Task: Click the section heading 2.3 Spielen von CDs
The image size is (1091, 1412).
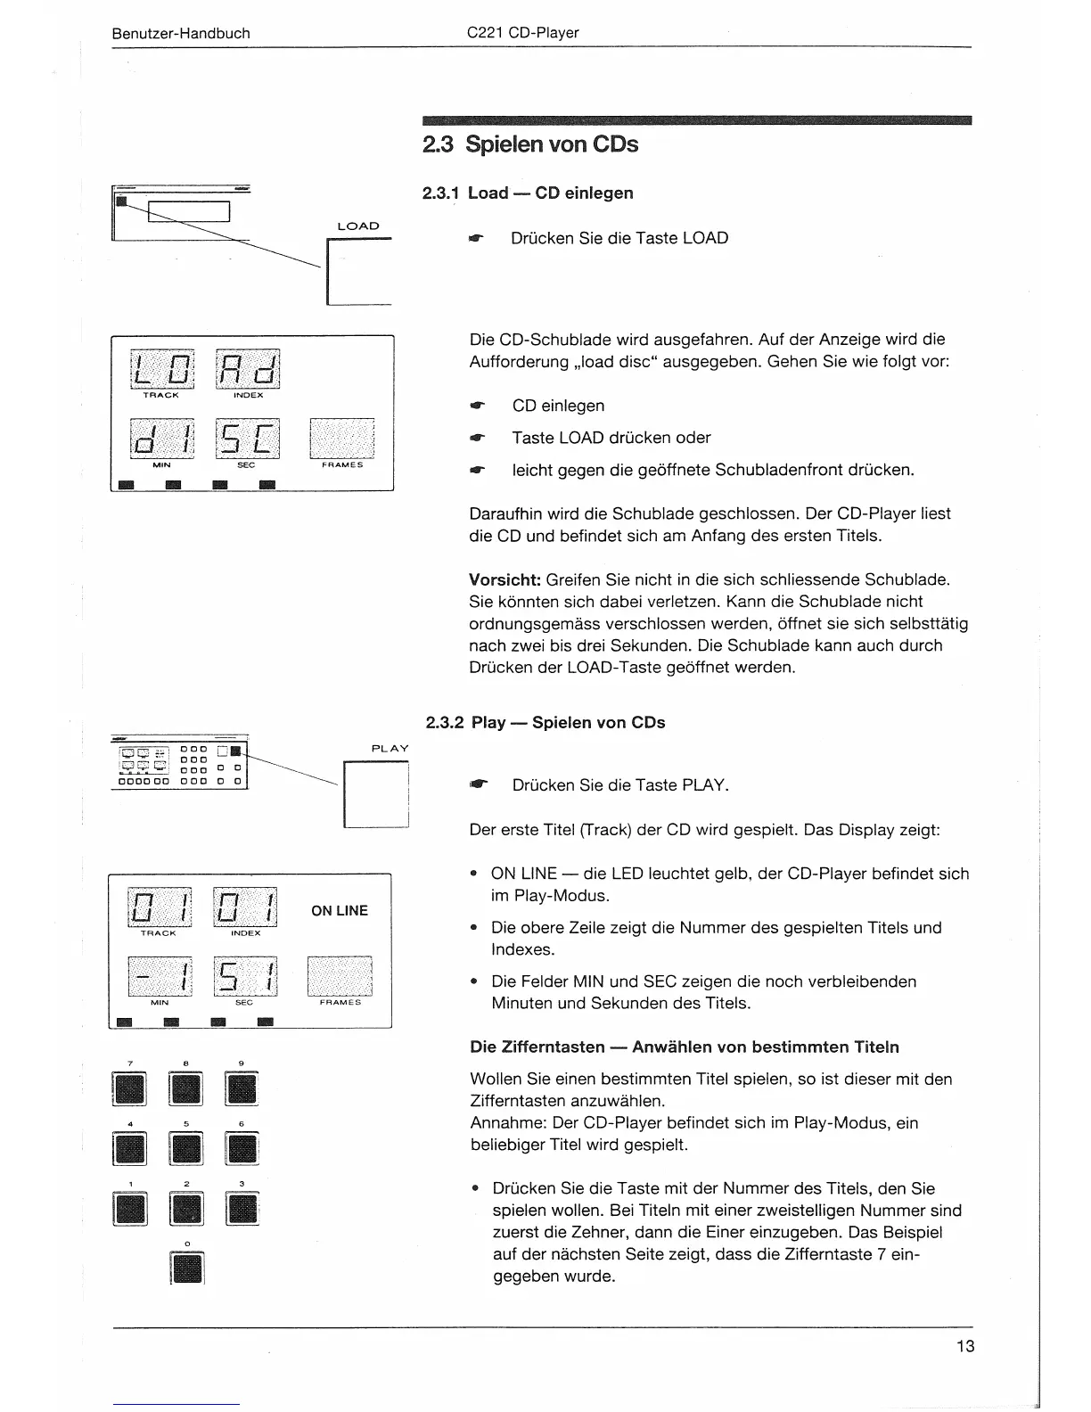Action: click(x=530, y=144)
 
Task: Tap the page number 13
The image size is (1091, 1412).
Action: click(x=965, y=1346)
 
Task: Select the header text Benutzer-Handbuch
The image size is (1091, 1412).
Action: click(x=181, y=34)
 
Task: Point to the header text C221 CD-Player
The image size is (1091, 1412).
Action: click(x=522, y=34)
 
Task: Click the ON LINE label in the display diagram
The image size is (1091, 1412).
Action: click(x=339, y=910)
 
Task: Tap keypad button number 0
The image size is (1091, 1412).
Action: click(x=186, y=1269)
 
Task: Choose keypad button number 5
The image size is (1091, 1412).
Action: click(x=186, y=1149)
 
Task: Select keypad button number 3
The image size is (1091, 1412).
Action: click(x=242, y=1209)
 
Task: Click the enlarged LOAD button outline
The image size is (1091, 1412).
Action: click(x=358, y=274)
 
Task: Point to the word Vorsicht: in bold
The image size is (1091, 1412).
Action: click(x=505, y=579)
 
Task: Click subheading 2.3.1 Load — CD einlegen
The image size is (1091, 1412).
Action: click(x=528, y=193)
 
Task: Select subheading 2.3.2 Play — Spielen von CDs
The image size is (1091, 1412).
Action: click(x=545, y=723)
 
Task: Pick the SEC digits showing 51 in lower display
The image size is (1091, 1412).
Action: click(x=245, y=977)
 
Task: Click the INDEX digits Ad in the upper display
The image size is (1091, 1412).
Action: click(x=247, y=368)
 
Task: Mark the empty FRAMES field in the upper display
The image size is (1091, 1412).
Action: click(x=341, y=438)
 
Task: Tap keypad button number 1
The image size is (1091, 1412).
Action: click(x=130, y=1209)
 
